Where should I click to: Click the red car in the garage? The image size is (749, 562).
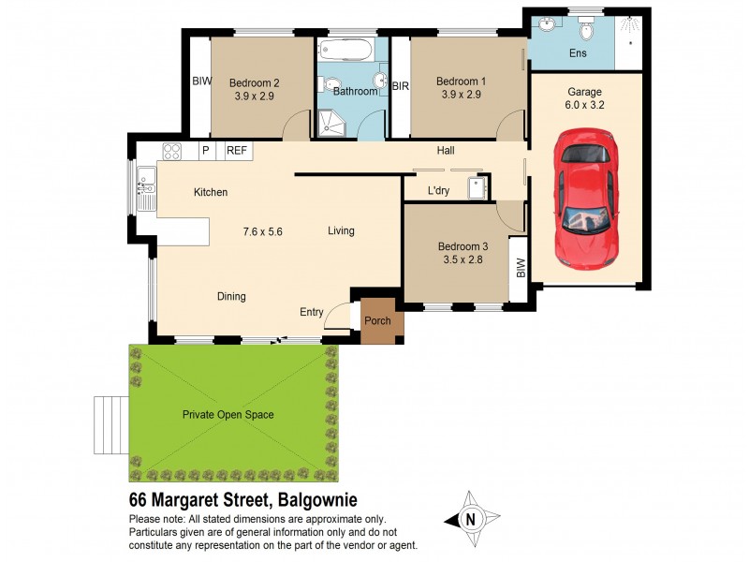(586, 198)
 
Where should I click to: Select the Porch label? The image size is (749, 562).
(377, 321)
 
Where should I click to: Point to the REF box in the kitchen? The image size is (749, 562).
(237, 150)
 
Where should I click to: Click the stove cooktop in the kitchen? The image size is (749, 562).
(172, 150)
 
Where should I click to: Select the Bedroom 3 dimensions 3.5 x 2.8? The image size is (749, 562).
(460, 260)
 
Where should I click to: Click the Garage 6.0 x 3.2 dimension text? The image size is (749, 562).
(584, 106)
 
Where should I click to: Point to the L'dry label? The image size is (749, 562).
(439, 192)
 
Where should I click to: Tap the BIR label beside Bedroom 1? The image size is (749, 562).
(400, 85)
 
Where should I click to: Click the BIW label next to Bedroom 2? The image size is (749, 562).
(200, 81)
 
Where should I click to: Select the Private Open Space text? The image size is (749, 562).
(228, 414)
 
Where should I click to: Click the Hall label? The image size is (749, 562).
(446, 150)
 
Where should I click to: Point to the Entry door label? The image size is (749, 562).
(312, 312)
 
